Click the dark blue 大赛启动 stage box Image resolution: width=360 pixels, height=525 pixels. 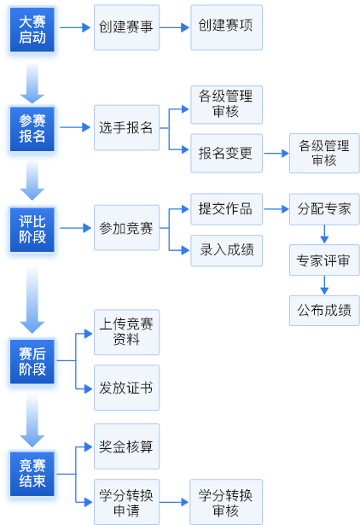click(32, 30)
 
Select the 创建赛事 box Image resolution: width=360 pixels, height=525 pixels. click(126, 27)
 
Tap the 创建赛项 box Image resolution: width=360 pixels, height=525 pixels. click(227, 27)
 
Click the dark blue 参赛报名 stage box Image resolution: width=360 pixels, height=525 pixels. click(32, 129)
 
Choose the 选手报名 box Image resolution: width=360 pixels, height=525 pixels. click(126, 127)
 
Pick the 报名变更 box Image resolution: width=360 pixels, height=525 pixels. click(227, 154)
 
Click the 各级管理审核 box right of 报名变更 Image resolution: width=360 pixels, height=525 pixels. click(324, 154)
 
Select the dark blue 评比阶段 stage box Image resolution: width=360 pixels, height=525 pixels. click(32, 230)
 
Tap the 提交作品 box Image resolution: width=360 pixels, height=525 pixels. click(227, 209)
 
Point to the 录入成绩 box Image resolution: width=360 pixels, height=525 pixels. click(227, 250)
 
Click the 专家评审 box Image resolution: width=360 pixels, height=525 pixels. click(324, 260)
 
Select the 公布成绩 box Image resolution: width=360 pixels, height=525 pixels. click(324, 311)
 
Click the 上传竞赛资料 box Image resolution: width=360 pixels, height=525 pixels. click(126, 332)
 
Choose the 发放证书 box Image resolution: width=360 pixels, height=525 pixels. click(126, 388)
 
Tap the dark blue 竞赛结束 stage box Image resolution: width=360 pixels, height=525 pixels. click(32, 474)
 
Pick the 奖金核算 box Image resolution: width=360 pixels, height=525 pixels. click(126, 446)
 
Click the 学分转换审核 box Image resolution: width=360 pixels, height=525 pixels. click(226, 502)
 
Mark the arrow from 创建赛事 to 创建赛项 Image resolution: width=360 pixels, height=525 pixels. click(175, 27)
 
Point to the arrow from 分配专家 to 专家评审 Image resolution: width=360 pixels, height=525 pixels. click(324, 235)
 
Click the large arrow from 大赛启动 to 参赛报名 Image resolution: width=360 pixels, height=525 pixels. click(32, 83)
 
